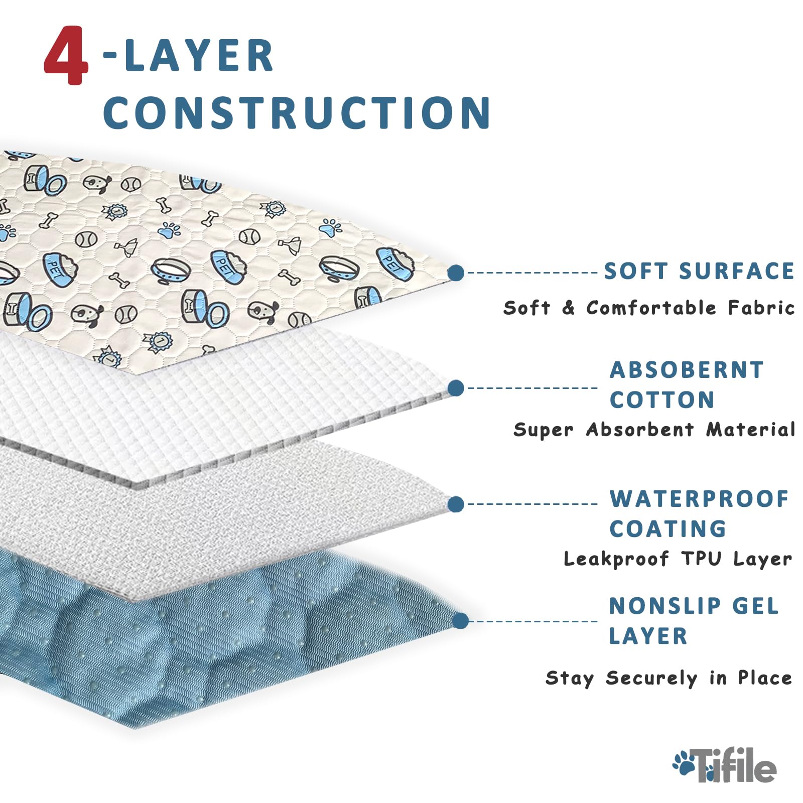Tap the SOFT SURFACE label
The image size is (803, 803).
pos(699,272)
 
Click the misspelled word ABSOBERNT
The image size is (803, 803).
pos(687,370)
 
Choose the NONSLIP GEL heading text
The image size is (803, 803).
pos(694,606)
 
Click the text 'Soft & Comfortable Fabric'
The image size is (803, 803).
pos(649,308)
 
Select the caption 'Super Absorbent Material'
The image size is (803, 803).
pos(654,430)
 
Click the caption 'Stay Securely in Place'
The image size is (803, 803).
pos(668,678)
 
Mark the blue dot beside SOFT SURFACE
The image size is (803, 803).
pos(456,273)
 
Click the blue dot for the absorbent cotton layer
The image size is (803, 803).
pos(456,388)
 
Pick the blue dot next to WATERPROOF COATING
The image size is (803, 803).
pos(456,504)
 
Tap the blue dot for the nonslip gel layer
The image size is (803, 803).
pos(460,621)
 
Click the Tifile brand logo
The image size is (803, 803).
pos(725,765)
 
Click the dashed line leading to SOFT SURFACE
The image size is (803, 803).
pos(532,273)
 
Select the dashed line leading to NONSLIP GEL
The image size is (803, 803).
pos(532,621)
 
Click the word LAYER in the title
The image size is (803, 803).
pos(198,56)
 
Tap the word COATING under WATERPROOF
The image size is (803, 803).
pos(667,529)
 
